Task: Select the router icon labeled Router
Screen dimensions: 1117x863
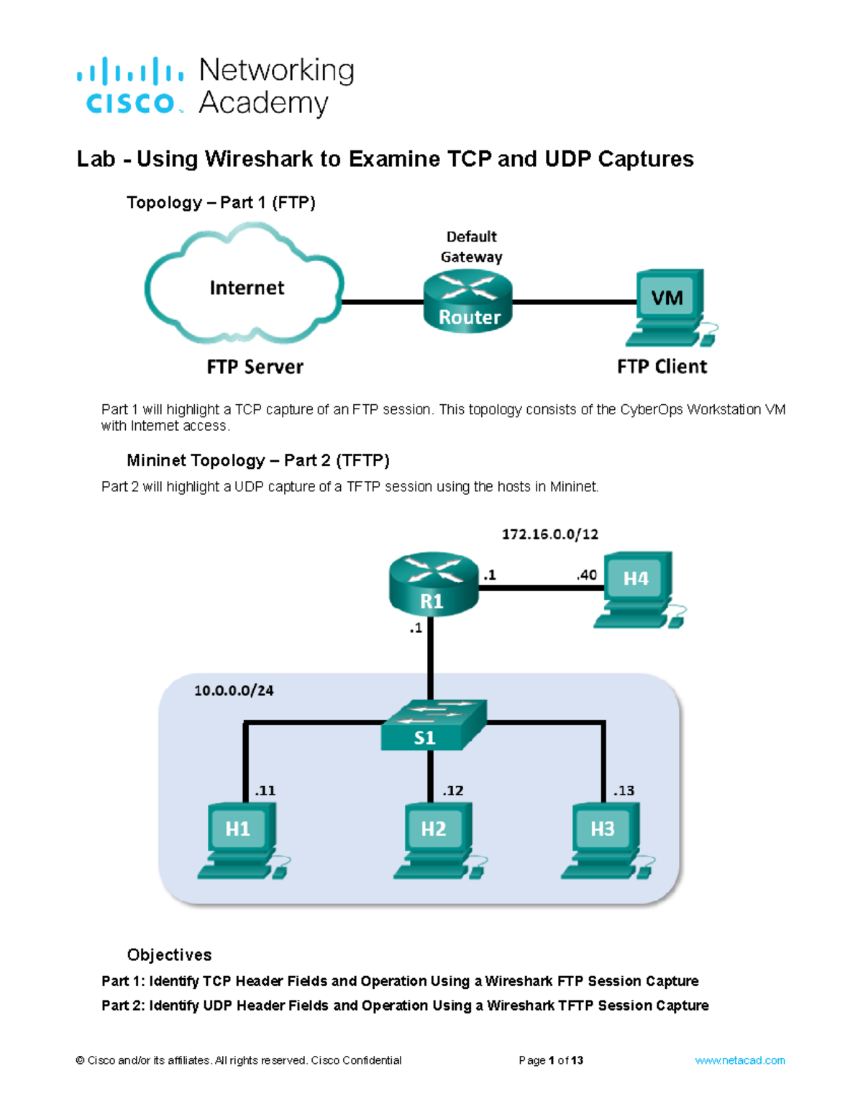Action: [x=468, y=302]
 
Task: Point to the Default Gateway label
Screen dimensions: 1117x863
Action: [x=471, y=247]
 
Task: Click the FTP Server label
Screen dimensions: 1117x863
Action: [x=255, y=367]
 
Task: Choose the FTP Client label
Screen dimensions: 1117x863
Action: [x=662, y=367]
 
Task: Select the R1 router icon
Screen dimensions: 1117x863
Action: [x=433, y=584]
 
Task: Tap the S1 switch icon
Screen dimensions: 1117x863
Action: [x=432, y=725]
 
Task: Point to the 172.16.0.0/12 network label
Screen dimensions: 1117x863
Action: [x=549, y=534]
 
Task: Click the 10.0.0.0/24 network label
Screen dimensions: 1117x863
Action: [x=234, y=690]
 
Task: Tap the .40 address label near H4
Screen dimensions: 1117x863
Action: [x=586, y=575]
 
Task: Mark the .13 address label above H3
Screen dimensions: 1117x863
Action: [x=624, y=790]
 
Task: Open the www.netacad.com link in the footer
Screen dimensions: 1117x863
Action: [x=739, y=1060]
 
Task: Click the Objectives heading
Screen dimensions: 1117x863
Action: [x=169, y=954]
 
